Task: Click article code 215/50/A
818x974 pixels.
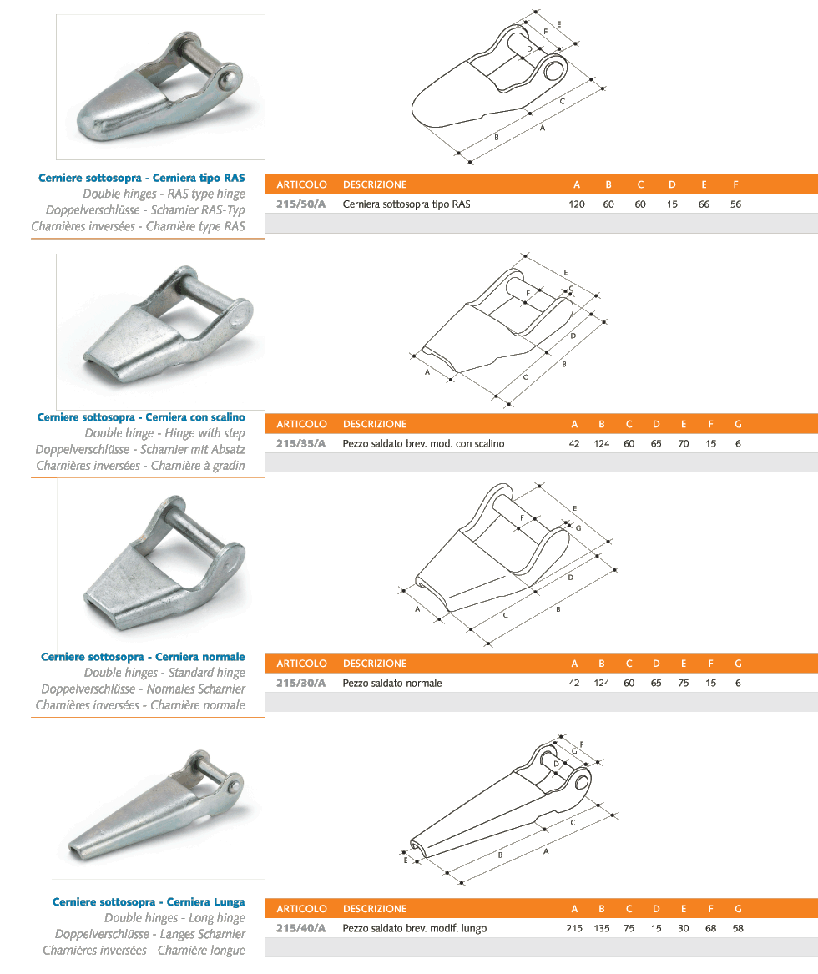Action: click(x=300, y=204)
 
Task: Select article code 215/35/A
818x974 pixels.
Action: click(x=300, y=443)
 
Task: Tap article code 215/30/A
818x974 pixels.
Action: click(x=300, y=683)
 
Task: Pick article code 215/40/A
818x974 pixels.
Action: click(x=300, y=928)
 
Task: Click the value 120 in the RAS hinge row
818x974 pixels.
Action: click(x=577, y=204)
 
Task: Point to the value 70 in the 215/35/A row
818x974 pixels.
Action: click(x=684, y=443)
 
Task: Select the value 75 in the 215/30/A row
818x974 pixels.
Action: click(x=684, y=683)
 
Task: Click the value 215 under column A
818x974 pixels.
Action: click(x=574, y=928)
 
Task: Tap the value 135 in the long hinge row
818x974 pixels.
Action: click(x=601, y=928)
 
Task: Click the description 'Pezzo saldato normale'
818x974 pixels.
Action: click(x=392, y=683)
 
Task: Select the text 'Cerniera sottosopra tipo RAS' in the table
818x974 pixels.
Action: click(x=406, y=204)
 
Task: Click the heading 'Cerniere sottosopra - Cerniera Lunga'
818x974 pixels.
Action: click(x=149, y=902)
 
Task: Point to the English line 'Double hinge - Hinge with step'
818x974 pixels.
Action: click(x=164, y=433)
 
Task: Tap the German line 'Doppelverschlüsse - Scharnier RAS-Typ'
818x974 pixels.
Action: click(x=145, y=210)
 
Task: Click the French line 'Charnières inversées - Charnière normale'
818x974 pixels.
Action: click(x=140, y=705)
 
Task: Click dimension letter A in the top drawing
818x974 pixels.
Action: click(x=543, y=128)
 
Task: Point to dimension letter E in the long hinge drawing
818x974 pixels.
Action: click(x=406, y=860)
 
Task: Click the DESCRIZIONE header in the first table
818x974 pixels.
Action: click(x=375, y=184)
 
